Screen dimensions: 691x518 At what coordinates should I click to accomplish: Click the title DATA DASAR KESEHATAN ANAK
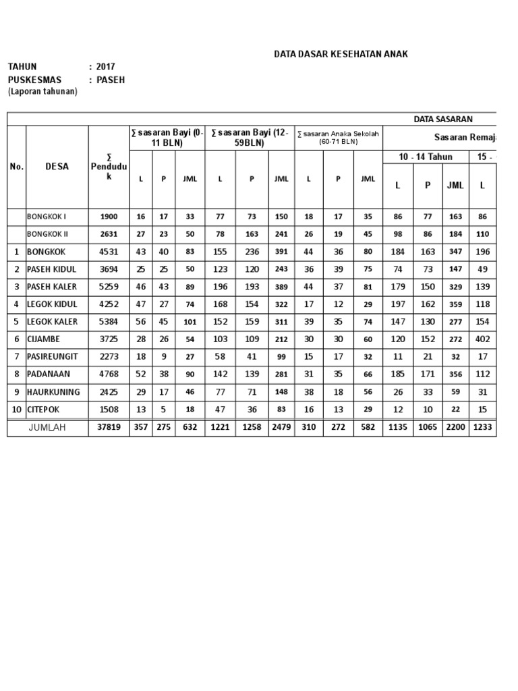coord(340,54)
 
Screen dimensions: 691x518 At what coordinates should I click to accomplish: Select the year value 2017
coord(106,67)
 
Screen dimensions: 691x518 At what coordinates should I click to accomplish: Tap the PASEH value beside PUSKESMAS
coord(111,80)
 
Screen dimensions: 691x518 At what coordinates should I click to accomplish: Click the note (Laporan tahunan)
coord(42,92)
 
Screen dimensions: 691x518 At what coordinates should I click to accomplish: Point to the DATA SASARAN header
coord(443,119)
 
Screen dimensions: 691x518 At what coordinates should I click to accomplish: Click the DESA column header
coord(57,167)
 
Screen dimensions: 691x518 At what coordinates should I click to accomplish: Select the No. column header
coord(16,167)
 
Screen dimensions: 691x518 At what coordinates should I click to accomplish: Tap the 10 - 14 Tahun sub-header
coord(426,157)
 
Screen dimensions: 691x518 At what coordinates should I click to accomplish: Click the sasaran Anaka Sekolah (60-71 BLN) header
coord(339,138)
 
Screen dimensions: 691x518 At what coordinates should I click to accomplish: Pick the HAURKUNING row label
coord(53,392)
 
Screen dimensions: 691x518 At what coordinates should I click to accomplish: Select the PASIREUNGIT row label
coord(54,356)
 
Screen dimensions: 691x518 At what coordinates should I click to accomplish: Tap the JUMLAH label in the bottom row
coord(47,428)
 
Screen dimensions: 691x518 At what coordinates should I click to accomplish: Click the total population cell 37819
coord(109,428)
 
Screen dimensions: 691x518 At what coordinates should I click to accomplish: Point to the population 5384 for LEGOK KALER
coord(109,322)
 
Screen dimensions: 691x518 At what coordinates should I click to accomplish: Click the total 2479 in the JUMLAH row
coord(281,428)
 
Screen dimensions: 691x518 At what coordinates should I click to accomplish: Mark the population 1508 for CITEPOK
coord(109,410)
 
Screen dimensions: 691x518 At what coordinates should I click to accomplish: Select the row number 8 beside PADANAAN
coord(16,374)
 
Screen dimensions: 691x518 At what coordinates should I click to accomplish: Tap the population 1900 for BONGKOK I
coord(109,217)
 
